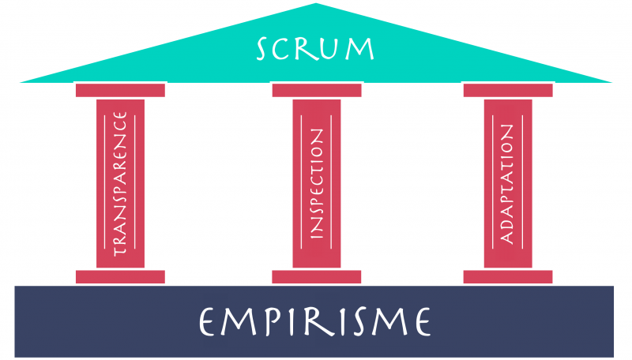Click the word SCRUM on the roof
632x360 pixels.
coord(315,49)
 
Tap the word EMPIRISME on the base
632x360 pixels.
coord(315,321)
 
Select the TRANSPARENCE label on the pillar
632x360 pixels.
coord(120,184)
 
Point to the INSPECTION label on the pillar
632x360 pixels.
coord(317,184)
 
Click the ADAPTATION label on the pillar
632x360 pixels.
coord(507,184)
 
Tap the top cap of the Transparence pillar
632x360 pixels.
coord(120,90)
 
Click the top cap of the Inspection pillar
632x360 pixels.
coord(317,90)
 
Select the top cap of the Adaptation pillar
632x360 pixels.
coord(508,90)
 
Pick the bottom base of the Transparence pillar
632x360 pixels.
coord(120,276)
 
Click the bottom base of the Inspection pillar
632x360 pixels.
coord(317,276)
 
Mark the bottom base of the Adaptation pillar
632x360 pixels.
coord(508,276)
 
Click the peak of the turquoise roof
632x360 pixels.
coord(315,4)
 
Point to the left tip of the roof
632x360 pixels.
coord(21,82)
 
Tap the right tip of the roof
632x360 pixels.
coord(611,82)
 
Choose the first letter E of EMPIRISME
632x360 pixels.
coord(207,321)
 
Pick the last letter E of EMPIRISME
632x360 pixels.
coord(423,321)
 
